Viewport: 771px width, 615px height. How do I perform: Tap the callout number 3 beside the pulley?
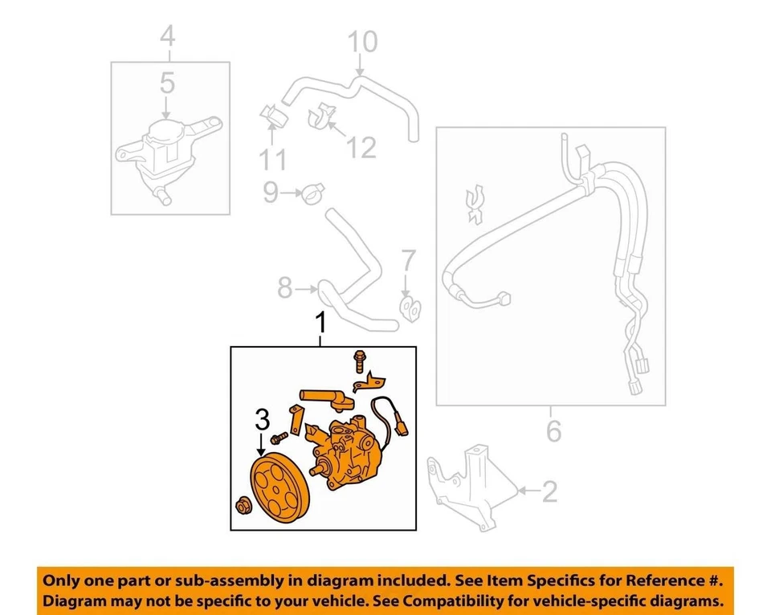(x=262, y=419)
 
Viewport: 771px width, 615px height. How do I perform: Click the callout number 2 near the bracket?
(x=549, y=491)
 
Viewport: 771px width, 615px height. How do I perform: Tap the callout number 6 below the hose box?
(x=553, y=432)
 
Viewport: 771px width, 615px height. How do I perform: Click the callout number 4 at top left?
(x=167, y=35)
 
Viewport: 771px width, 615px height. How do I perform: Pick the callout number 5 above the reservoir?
(x=166, y=83)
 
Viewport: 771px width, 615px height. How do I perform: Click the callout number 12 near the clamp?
(x=361, y=147)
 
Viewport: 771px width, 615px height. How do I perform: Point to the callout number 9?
(x=271, y=191)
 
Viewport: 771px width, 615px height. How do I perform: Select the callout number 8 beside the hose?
(x=284, y=287)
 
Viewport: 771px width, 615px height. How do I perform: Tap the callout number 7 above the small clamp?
(x=408, y=261)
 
